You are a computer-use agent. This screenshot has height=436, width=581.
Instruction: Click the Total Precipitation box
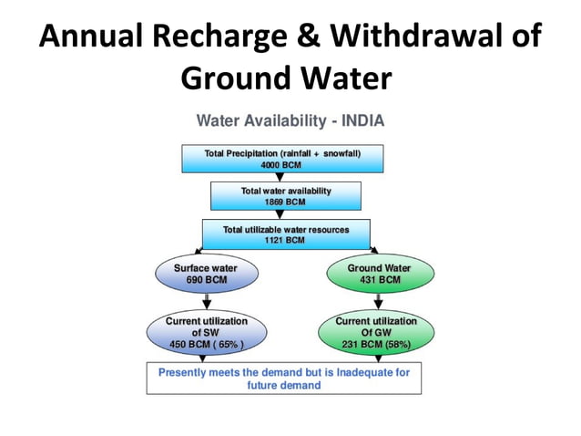pyautogui.click(x=282, y=159)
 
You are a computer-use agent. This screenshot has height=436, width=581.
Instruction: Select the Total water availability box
pyautogui.click(x=286, y=196)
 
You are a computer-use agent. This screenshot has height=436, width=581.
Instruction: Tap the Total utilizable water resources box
pyautogui.click(x=286, y=234)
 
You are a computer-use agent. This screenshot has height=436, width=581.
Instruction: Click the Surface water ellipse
pyautogui.click(x=205, y=274)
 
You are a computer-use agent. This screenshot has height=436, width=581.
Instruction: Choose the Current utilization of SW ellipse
pyautogui.click(x=206, y=333)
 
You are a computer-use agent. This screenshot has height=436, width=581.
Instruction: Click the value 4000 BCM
pyautogui.click(x=282, y=166)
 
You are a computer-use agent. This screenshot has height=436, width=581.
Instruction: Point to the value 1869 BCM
pyautogui.click(x=286, y=202)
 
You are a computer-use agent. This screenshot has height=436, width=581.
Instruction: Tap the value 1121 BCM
pyautogui.click(x=285, y=240)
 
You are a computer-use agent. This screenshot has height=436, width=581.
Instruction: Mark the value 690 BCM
pyautogui.click(x=206, y=280)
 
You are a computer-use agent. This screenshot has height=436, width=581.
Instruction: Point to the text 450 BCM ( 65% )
pyautogui.click(x=206, y=345)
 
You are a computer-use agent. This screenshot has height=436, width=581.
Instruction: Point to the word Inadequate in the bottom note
pyautogui.click(x=361, y=372)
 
